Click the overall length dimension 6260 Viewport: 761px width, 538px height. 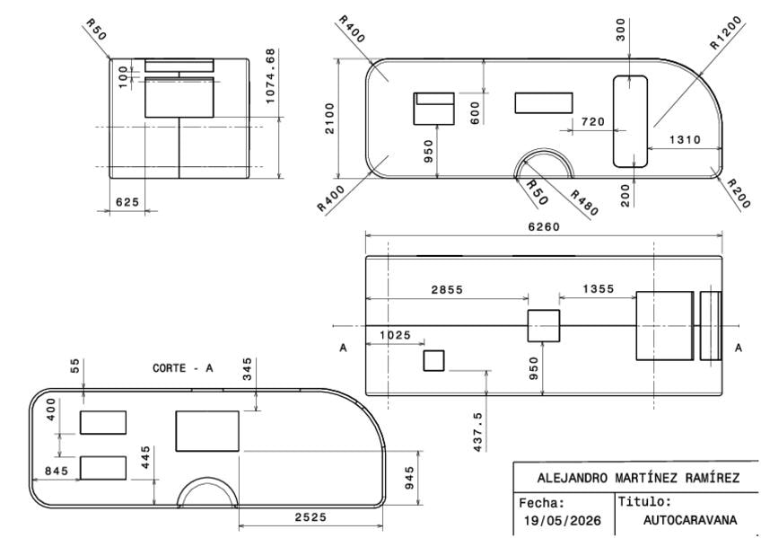tap(544, 226)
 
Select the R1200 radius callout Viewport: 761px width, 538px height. tap(726, 33)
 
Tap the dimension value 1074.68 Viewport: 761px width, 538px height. tap(271, 75)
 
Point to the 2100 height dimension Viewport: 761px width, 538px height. tap(330, 119)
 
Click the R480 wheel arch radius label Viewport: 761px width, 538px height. tap(584, 202)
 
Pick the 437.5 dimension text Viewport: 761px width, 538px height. tap(478, 432)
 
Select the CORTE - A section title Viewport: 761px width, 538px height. tap(182, 368)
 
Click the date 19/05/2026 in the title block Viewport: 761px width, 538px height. tap(563, 521)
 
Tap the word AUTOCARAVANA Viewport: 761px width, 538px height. tap(689, 520)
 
